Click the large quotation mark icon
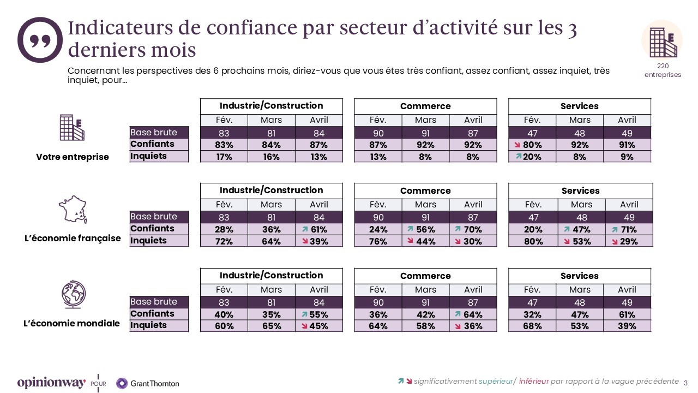(40, 39)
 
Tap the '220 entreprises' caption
(663, 70)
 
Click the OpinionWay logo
(51, 383)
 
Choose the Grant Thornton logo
(148, 383)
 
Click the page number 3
(685, 382)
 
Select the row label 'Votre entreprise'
(73, 157)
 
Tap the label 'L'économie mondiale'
(71, 323)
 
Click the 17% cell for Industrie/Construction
(224, 157)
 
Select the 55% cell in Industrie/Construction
(318, 314)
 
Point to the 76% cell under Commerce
(378, 241)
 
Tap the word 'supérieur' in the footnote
(495, 381)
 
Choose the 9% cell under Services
(627, 157)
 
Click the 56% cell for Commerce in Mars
(425, 230)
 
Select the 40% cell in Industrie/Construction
(224, 314)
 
